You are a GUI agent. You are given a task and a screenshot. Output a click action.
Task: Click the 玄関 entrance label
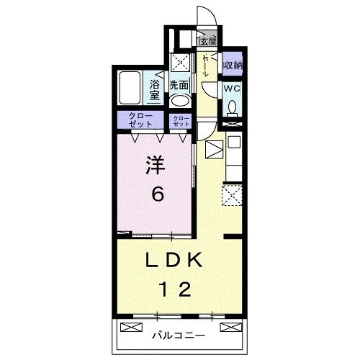[208, 40]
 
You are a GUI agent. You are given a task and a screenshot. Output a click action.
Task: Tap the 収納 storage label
[232, 66]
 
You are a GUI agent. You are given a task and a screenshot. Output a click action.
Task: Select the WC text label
[232, 89]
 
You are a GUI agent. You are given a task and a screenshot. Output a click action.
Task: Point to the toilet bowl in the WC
[232, 108]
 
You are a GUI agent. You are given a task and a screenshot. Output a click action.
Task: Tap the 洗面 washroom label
[179, 85]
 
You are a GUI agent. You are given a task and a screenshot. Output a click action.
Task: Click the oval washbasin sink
[180, 101]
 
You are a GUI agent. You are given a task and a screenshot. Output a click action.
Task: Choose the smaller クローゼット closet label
[181, 121]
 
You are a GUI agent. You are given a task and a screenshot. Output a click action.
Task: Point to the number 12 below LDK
[175, 289]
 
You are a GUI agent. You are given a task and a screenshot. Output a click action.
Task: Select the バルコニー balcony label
[179, 336]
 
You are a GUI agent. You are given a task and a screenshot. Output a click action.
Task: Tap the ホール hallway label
[206, 66]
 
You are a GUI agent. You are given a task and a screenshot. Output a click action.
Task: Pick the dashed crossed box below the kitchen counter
[232, 194]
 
